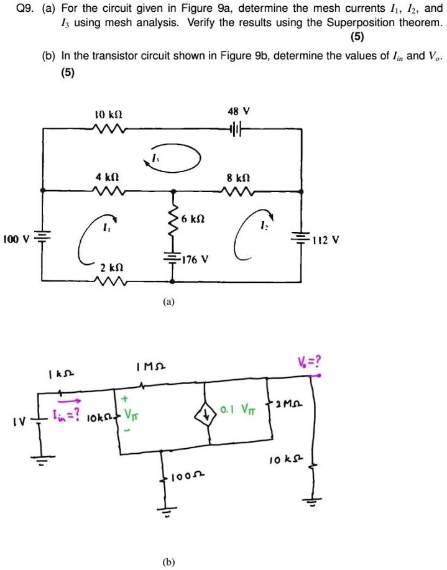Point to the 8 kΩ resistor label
tap(239, 177)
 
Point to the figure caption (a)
tap(169, 302)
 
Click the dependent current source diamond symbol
tap(210, 410)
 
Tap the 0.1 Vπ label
tap(239, 411)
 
